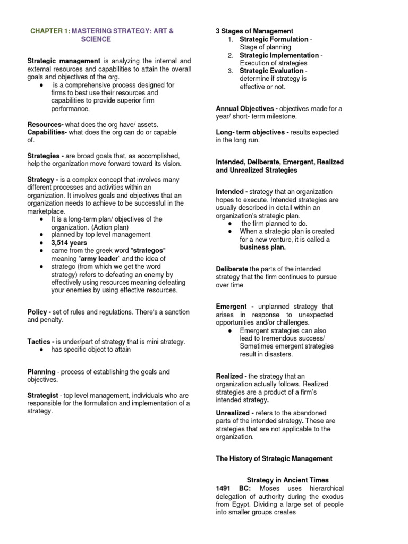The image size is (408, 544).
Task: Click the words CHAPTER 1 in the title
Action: pyautogui.click(x=50, y=31)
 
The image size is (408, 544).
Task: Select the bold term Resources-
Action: pyautogui.click(x=46, y=124)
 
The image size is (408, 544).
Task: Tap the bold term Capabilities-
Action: pyautogui.click(x=47, y=132)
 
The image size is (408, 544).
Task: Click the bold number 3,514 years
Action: pyautogui.click(x=69, y=242)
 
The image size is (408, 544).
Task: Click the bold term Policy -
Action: pyautogui.click(x=40, y=312)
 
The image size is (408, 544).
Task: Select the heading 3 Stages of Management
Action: pyautogui.click(x=254, y=31)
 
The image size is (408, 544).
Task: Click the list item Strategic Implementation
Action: pyautogui.click(x=279, y=55)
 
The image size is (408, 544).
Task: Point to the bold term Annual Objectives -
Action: pyautogui.click(x=246, y=108)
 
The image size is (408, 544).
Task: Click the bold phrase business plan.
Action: pyautogui.click(x=262, y=247)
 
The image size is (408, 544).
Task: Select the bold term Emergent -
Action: pyautogui.click(x=234, y=307)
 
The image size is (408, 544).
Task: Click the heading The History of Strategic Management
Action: pyautogui.click(x=274, y=458)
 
